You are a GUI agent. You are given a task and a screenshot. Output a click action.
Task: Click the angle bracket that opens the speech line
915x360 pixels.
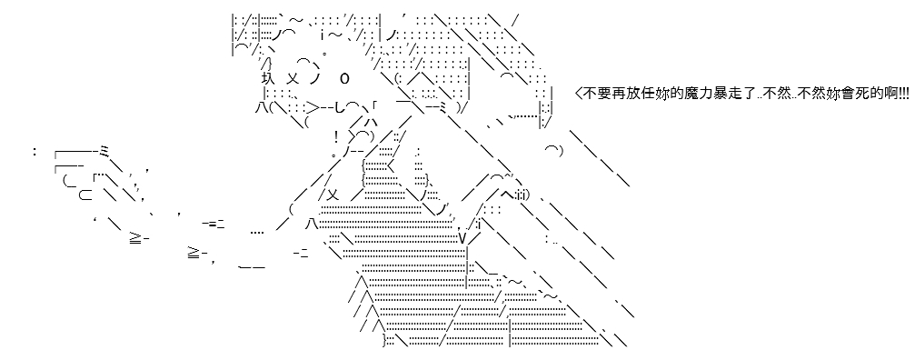tap(578, 94)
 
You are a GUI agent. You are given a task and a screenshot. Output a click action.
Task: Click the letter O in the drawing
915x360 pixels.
tap(344, 78)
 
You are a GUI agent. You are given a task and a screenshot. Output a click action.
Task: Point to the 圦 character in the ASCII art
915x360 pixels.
tap(267, 78)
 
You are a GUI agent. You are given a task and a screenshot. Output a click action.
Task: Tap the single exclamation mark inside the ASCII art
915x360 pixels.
tap(336, 137)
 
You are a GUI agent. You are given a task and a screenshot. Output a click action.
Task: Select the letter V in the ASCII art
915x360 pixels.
tap(462, 239)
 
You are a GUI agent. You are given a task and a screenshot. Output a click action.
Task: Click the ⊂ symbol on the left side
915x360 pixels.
tap(85, 195)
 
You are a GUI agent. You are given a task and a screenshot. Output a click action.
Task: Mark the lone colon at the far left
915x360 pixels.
tap(35, 152)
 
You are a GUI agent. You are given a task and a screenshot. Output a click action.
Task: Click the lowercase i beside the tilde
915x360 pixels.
tap(322, 35)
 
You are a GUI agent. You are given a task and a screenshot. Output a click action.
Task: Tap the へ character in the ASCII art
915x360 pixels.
tap(506, 195)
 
